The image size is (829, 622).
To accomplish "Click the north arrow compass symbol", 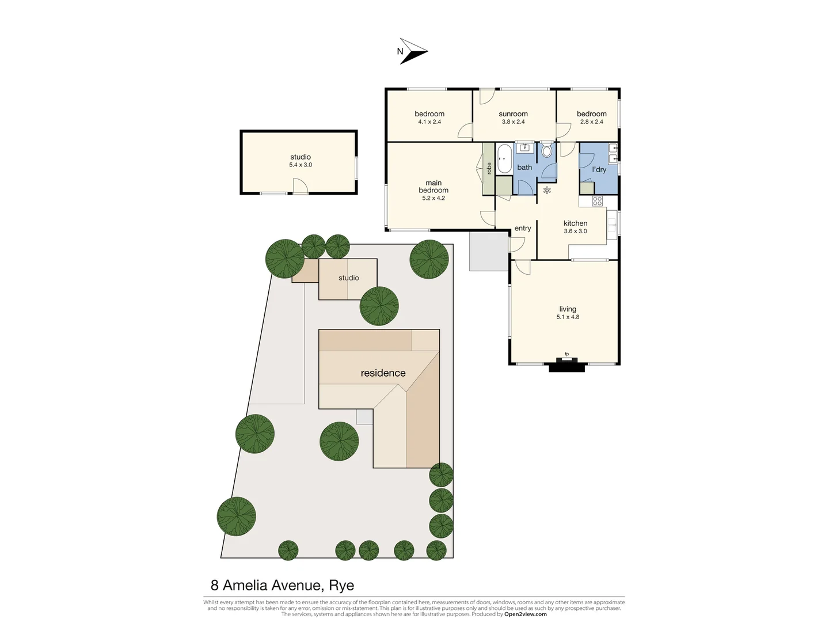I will tap(413, 51).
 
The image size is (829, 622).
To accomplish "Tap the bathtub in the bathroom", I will tap(504, 159).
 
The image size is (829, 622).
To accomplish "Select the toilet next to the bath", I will tap(546, 150).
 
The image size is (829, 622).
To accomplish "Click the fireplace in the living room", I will tap(567, 364).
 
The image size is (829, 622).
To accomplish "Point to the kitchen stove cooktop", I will tap(598, 201).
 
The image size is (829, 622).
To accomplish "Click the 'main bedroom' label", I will tap(433, 187).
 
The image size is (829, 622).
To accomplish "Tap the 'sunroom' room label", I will tap(513, 114).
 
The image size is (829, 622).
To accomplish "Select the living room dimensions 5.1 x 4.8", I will tap(568, 317).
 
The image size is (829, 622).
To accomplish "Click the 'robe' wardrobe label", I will tap(489, 168).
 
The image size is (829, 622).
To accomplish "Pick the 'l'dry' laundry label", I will tap(599, 170).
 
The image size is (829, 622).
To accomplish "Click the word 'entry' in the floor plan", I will tap(523, 229).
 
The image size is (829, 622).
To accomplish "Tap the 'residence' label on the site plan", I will tap(383, 373).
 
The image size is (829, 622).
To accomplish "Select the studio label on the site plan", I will tap(348, 278).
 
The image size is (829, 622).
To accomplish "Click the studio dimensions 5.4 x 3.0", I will tap(301, 165).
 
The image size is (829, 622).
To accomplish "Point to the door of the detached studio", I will tap(300, 186).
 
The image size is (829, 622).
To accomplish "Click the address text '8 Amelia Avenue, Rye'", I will tap(282, 586).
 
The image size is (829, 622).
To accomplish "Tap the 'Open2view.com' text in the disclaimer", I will tap(525, 615).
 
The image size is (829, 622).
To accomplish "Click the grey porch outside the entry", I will tap(489, 251).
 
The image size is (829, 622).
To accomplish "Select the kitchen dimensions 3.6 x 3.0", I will tap(575, 232).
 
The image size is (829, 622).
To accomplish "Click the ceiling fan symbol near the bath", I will tap(547, 190).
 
